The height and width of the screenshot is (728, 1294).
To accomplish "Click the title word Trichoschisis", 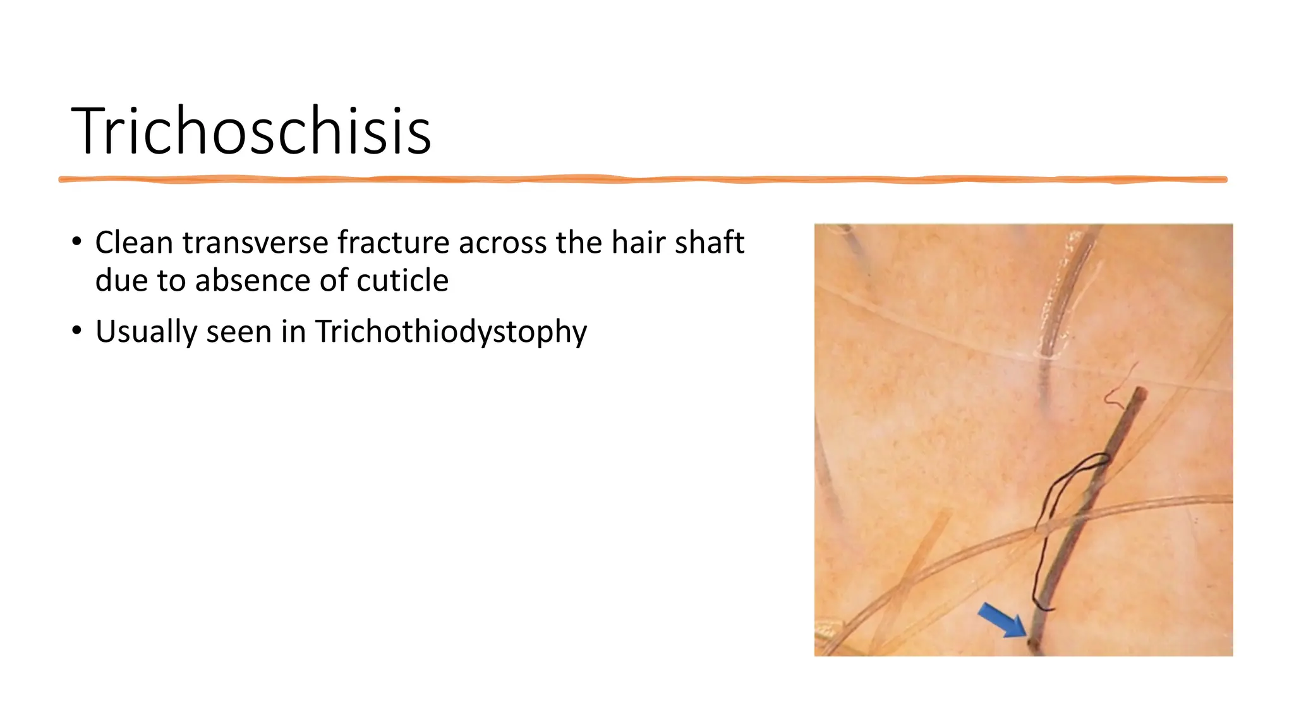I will (x=251, y=131).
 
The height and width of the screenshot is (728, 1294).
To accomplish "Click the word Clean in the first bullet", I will (x=133, y=243).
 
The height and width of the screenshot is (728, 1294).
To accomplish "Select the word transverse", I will (x=255, y=243).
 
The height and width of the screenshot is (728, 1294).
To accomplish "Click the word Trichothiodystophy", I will (x=451, y=332).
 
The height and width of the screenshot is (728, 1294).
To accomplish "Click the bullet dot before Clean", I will (x=76, y=242).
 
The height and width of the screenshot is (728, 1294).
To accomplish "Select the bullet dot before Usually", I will (x=76, y=331).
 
